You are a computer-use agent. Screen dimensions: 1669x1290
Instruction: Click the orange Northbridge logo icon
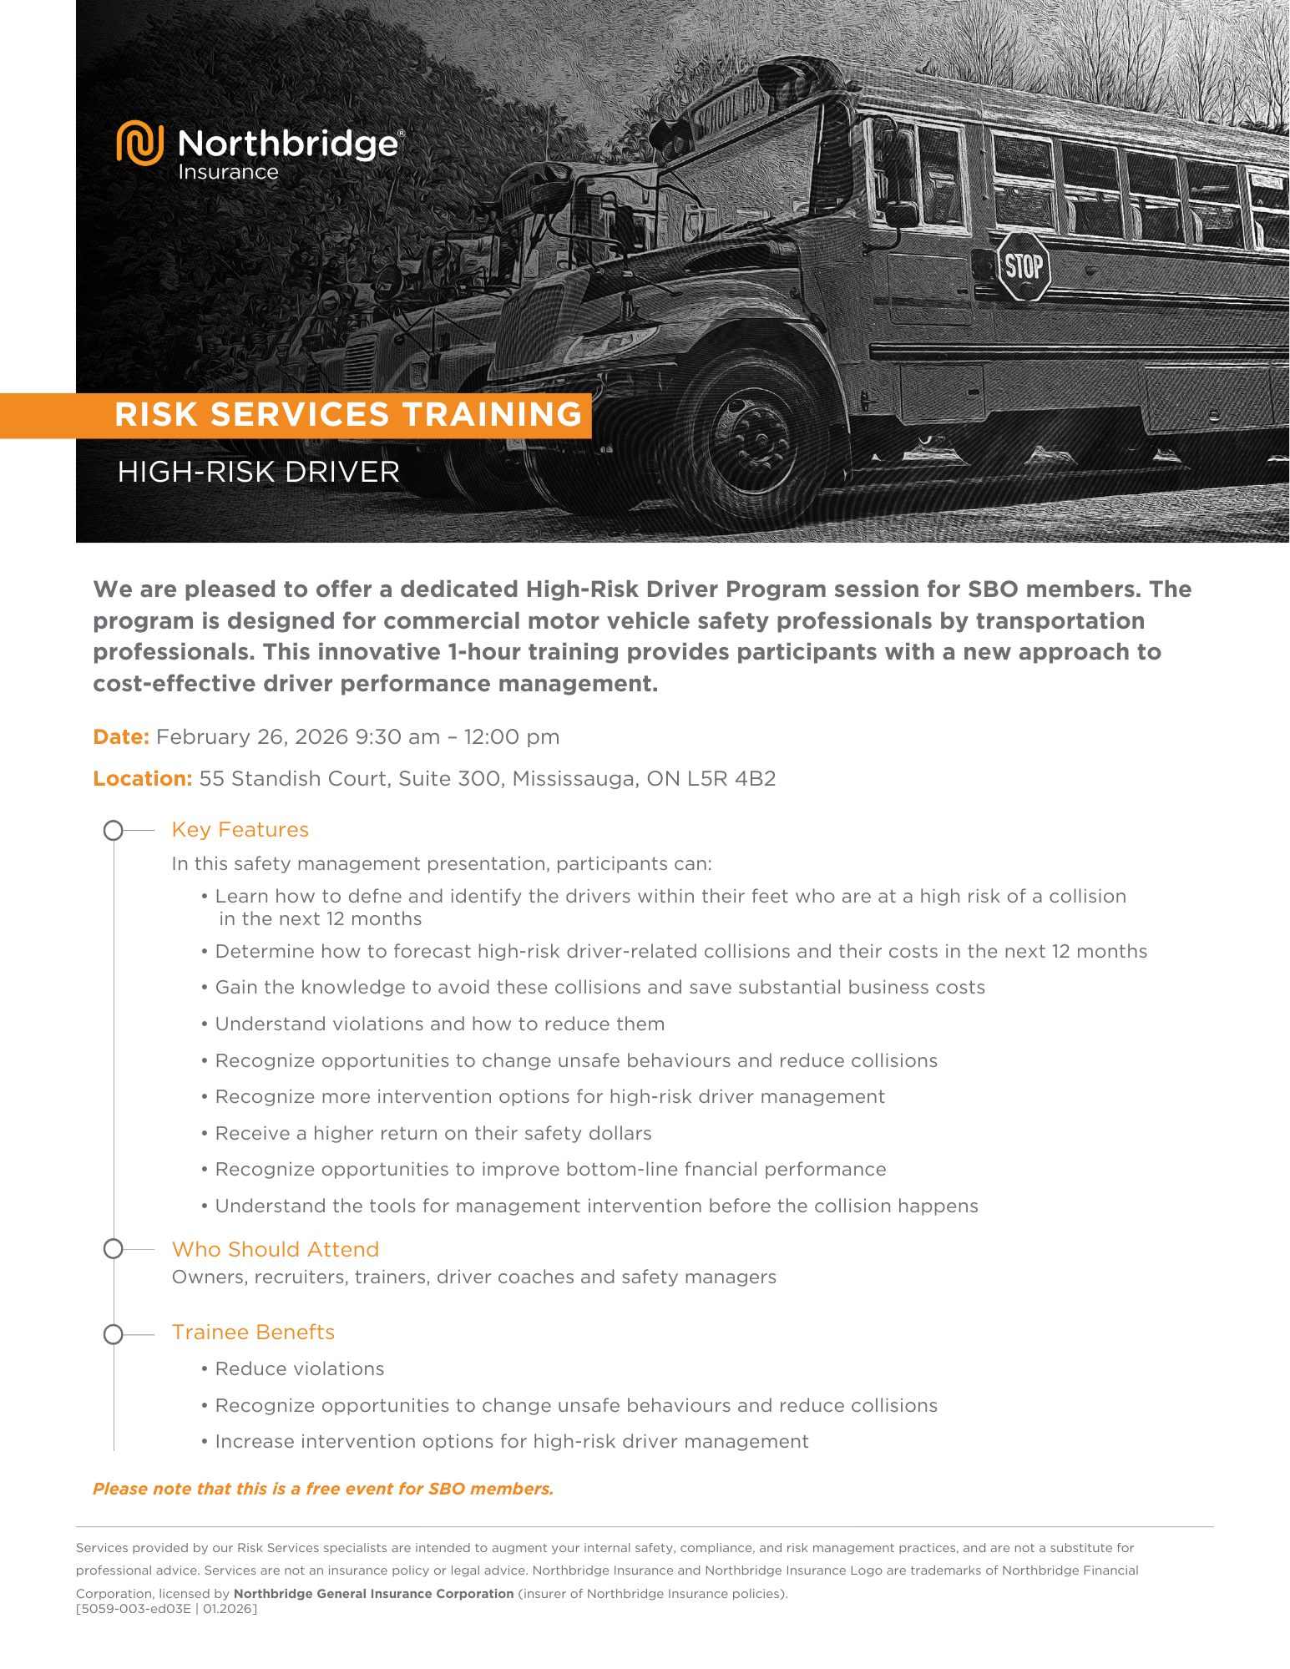[x=139, y=143]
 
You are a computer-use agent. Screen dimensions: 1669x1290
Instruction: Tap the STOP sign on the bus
[x=1023, y=266]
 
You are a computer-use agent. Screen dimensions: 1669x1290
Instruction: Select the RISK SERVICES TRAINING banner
[x=348, y=415]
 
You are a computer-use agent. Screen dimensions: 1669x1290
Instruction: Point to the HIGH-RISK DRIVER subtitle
[x=259, y=473]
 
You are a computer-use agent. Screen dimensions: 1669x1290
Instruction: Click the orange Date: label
[x=121, y=737]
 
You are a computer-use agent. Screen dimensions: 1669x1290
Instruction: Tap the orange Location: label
[x=143, y=779]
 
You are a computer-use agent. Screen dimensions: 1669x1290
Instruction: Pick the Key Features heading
[x=240, y=830]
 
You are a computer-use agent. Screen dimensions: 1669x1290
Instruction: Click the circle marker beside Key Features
[x=114, y=831]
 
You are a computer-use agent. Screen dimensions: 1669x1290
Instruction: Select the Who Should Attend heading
[x=276, y=1250]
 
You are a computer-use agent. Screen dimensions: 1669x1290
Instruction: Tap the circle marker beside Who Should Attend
[x=114, y=1250]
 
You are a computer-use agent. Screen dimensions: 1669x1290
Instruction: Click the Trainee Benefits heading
[x=253, y=1333]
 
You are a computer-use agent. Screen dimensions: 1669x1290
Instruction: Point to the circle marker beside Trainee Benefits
[x=114, y=1335]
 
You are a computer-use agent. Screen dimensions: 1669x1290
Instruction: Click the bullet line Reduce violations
[x=300, y=1369]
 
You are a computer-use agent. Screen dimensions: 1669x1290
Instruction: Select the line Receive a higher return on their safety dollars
[x=433, y=1134]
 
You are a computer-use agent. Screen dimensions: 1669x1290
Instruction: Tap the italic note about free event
[x=323, y=1489]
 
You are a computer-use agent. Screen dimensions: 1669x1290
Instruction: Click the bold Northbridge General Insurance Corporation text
[x=373, y=1594]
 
